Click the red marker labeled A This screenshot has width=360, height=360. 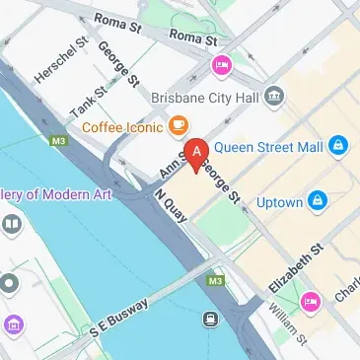tap(197, 154)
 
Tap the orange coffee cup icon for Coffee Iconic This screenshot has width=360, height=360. tap(179, 124)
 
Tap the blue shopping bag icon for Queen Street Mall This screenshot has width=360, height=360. tap(339, 145)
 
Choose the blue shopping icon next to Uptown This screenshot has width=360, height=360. tap(318, 202)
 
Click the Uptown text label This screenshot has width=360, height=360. tap(279, 202)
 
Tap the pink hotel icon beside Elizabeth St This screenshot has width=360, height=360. tap(311, 300)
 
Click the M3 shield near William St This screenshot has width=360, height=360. tap(215, 281)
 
